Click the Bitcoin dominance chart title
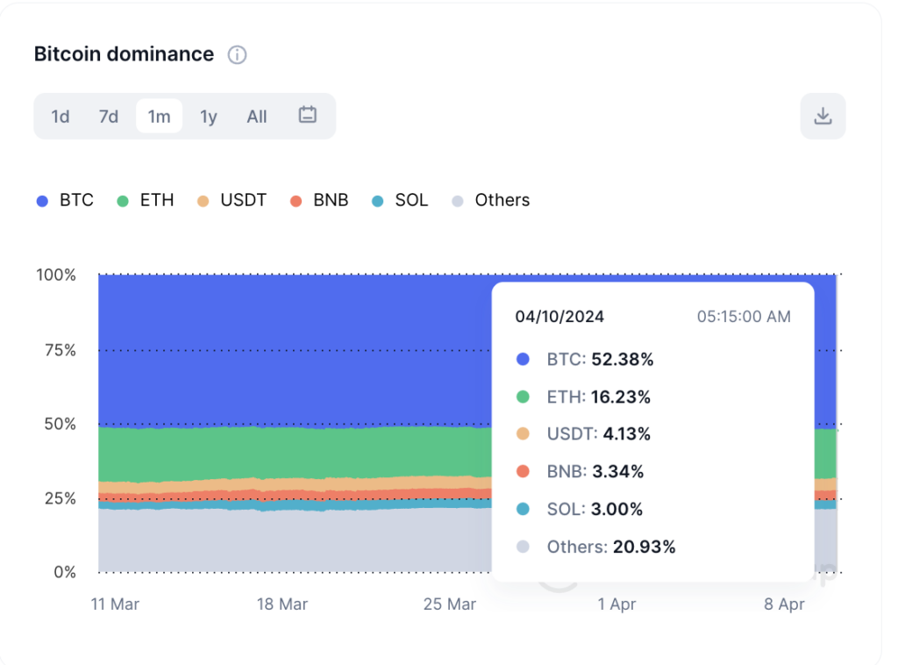tap(124, 54)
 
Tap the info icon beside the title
tap(237, 55)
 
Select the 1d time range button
tap(61, 117)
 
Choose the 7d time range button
tap(109, 117)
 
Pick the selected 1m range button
tap(159, 117)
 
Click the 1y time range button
tap(208, 117)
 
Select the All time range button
tap(257, 117)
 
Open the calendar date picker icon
tap(307, 115)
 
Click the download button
tap(823, 116)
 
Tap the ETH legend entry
tap(146, 201)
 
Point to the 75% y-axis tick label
tap(56, 350)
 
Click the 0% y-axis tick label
tap(61, 573)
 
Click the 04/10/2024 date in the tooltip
tap(559, 317)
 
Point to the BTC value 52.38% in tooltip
tap(622, 360)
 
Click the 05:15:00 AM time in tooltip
tap(744, 317)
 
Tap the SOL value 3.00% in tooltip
tap(616, 510)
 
